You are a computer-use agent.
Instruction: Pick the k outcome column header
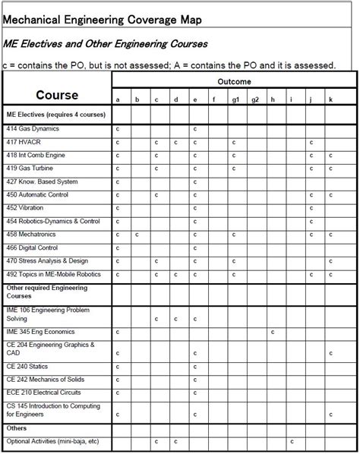pyautogui.click(x=330, y=99)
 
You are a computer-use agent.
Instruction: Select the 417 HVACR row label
pyautogui.click(x=24, y=142)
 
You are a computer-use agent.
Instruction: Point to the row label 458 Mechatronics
pyautogui.click(x=31, y=235)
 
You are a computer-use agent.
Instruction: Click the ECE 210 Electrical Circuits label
pyautogui.click(x=43, y=394)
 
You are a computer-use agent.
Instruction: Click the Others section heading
pyautogui.click(x=16, y=428)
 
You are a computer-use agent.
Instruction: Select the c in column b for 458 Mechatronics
pyautogui.click(x=137, y=235)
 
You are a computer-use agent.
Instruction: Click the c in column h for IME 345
pyautogui.click(x=272, y=332)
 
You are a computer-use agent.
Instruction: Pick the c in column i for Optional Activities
pyautogui.click(x=292, y=441)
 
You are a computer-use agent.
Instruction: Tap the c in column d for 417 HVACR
pyautogui.click(x=175, y=142)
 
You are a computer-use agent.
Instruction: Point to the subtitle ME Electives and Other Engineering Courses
pyautogui.click(x=106, y=44)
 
